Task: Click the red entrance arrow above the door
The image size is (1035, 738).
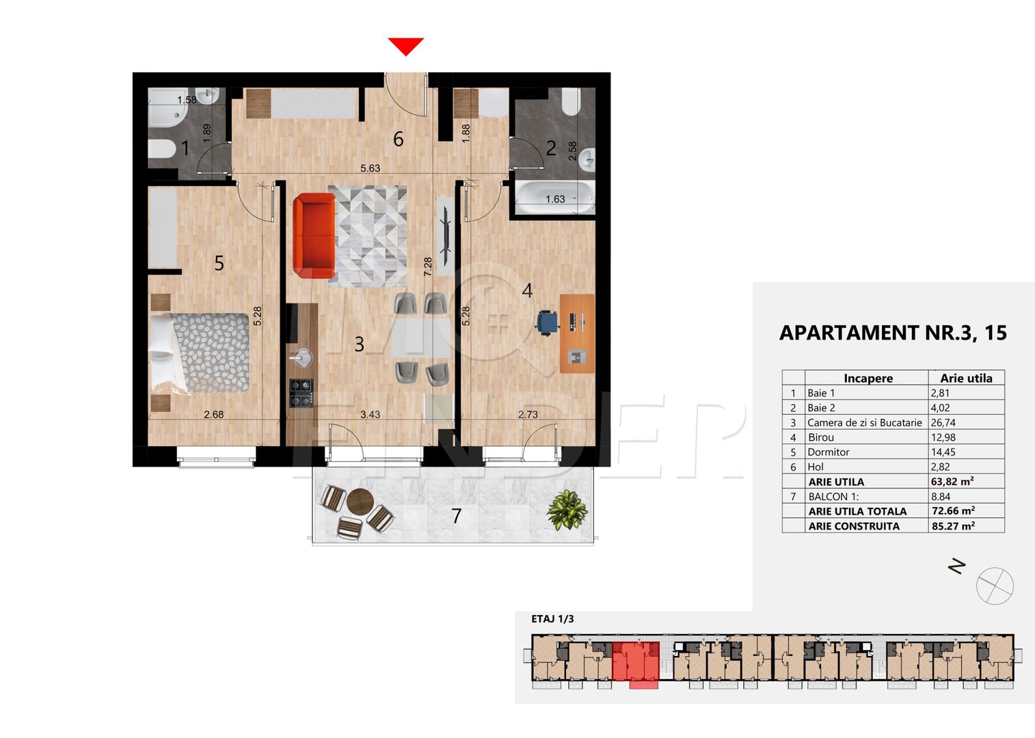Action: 406,46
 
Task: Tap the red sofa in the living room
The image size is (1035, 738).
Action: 314,234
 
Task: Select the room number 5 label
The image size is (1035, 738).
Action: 219,263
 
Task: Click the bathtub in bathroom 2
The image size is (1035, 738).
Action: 554,197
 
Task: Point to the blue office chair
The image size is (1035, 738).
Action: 547,322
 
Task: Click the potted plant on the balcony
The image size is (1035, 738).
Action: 567,510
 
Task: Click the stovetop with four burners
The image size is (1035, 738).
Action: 301,393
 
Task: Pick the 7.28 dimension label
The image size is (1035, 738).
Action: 428,266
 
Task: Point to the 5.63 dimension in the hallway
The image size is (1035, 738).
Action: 370,168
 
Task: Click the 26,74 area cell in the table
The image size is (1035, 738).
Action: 943,422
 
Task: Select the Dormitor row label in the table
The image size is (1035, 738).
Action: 828,452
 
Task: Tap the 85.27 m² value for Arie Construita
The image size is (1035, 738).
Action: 953,526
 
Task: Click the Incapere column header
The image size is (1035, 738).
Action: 868,378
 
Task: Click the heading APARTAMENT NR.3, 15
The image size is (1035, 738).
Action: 893,333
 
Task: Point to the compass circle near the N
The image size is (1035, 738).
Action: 995,586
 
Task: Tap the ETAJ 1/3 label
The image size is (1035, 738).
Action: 552,619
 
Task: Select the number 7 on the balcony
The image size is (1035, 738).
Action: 457,516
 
